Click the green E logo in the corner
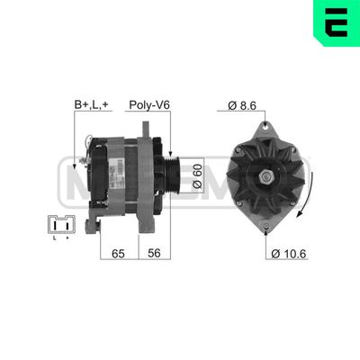337,20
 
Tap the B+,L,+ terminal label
93,106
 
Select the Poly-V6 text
149,106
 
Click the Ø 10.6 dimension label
289,255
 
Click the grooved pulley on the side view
175,170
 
